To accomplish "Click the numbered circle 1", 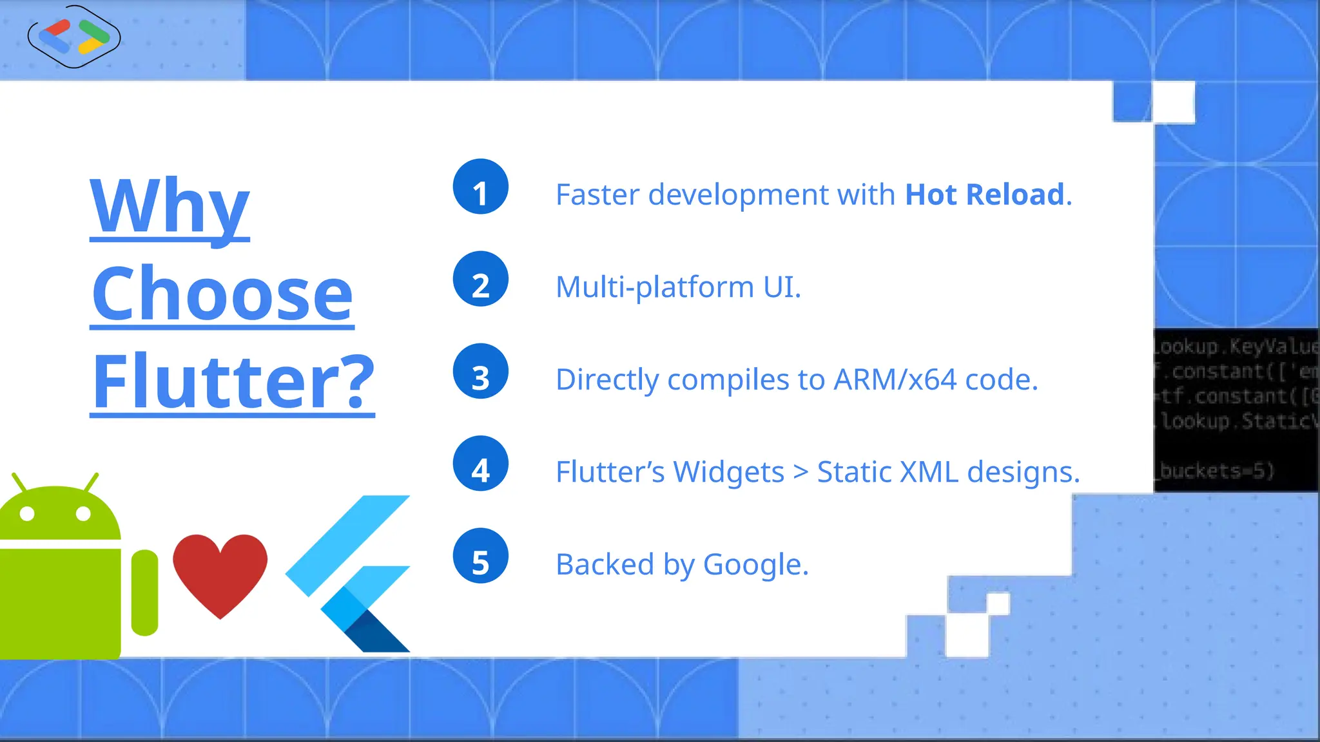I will tap(480, 187).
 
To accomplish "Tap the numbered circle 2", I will tap(480, 279).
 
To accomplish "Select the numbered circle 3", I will tap(480, 372).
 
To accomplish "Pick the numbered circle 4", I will tap(480, 464).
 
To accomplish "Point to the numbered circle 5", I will tap(480, 556).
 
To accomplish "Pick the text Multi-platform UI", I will tap(678, 287).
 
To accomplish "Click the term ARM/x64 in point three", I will tap(895, 379).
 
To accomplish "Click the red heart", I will tap(220, 570).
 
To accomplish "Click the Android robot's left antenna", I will tap(19, 483).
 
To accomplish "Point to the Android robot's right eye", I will tap(83, 513).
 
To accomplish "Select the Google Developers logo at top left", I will tap(74, 37).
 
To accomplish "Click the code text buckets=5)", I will tap(1217, 471).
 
